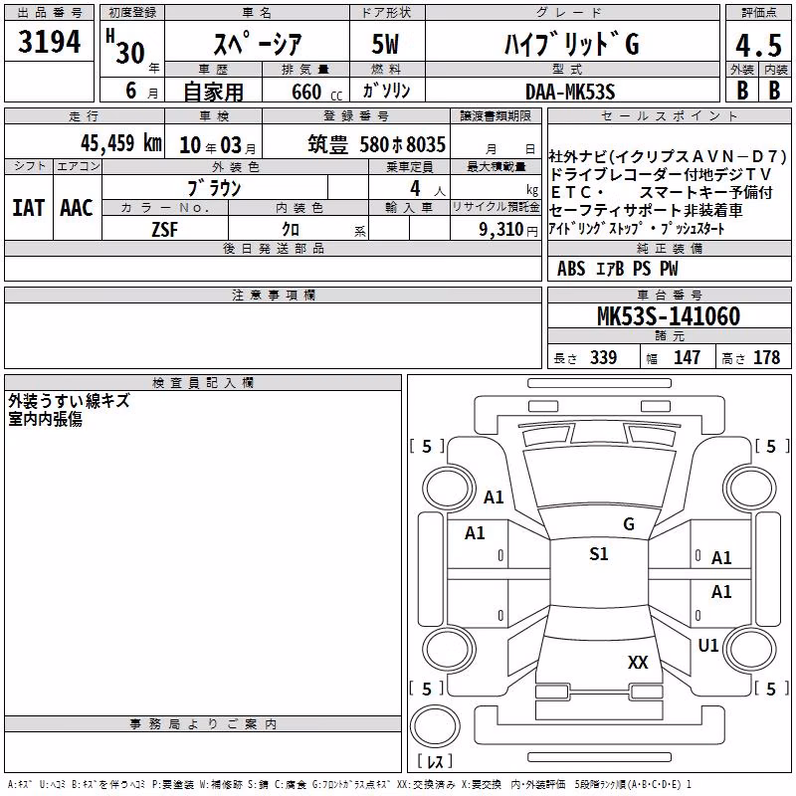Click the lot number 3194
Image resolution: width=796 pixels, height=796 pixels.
[x=49, y=42]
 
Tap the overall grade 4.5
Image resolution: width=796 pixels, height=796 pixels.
[x=758, y=46]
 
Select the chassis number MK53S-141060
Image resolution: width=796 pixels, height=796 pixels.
[x=669, y=316]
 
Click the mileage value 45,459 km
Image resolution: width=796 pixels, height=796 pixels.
[x=121, y=143]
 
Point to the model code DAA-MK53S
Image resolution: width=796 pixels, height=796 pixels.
[x=570, y=92]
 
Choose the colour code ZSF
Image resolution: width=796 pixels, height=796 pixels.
[x=165, y=230]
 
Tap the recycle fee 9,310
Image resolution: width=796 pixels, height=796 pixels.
[x=501, y=230]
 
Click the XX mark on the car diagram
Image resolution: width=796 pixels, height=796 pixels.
[x=638, y=662]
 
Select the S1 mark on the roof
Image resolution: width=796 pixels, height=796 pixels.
[x=599, y=553]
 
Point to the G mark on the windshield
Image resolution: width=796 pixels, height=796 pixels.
[x=629, y=524]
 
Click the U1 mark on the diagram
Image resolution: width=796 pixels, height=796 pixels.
[x=708, y=645]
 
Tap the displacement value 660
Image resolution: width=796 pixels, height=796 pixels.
[x=306, y=92]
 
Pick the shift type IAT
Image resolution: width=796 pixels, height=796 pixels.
[x=29, y=208]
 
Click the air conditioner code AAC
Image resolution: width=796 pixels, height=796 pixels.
[x=77, y=208]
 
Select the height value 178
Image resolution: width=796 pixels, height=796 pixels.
[x=766, y=357]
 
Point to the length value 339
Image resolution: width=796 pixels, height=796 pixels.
[x=604, y=357]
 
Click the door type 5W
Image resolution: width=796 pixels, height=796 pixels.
[x=385, y=44]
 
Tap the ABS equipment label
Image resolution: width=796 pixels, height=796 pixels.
[x=571, y=269]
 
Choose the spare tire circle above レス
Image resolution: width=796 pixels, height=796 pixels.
[x=435, y=726]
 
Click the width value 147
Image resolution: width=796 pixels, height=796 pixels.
[x=687, y=357]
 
